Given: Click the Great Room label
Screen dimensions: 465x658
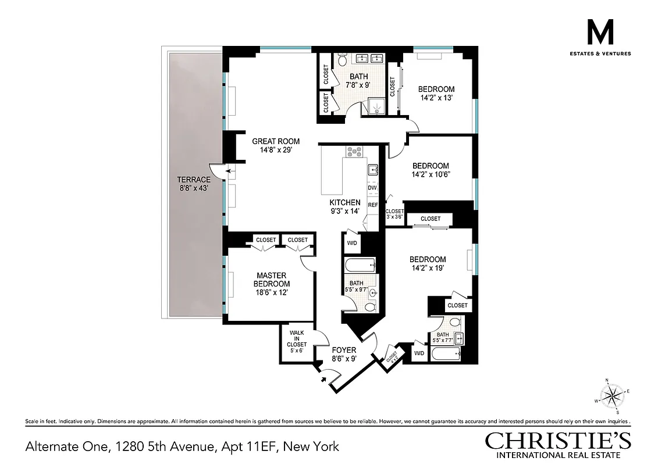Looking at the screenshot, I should coord(276,145).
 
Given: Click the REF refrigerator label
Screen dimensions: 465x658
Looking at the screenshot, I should coord(373,205).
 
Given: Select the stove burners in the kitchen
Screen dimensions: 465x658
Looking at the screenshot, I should coord(354,152).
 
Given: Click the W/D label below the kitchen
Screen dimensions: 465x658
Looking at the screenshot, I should coord(352,243).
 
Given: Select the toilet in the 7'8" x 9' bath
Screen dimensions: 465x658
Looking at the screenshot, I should coord(343,59).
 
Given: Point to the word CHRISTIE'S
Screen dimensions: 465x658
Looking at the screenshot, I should coord(558,441).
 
